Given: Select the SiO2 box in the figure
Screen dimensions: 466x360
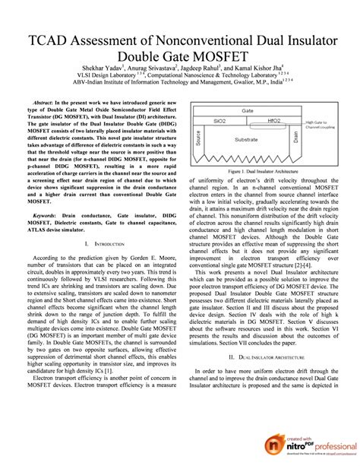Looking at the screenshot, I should [220, 120].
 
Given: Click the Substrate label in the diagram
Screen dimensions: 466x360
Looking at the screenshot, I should [247, 140].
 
